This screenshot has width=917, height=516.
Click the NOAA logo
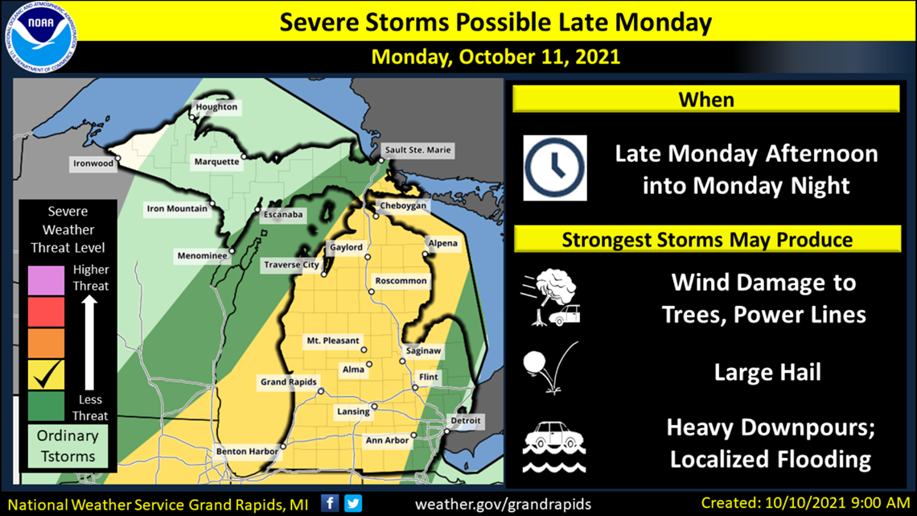pyautogui.click(x=44, y=38)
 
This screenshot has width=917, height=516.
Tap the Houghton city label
pyautogui.click(x=216, y=107)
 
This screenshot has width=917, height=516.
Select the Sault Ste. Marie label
pyautogui.click(x=417, y=150)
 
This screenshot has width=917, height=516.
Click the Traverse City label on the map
pyautogui.click(x=291, y=265)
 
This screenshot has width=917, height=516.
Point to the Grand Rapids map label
pyautogui.click(x=288, y=382)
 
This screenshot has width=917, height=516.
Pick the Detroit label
pyautogui.click(x=465, y=421)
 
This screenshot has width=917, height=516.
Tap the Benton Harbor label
pyautogui.click(x=247, y=452)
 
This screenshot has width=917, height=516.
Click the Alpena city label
pyautogui.click(x=442, y=243)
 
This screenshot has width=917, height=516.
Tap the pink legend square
pyautogui.click(x=46, y=279)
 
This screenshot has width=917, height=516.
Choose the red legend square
pyautogui.click(x=46, y=311)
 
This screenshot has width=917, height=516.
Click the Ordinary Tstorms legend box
pyautogui.click(x=68, y=446)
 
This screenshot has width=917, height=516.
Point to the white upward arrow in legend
pyautogui.click(x=90, y=341)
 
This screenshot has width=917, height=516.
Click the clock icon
pyautogui.click(x=555, y=168)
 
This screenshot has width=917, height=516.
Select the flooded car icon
pyautogui.click(x=553, y=447)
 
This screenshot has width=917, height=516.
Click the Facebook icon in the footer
pyautogui.click(x=330, y=503)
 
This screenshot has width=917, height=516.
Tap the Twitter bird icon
pyautogui.click(x=353, y=503)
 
